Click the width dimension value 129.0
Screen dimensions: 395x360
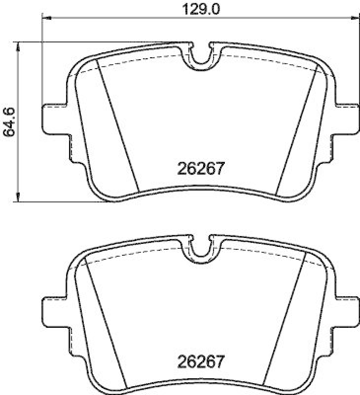pyautogui.click(x=201, y=9)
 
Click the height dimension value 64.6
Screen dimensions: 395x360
pyautogui.click(x=8, y=121)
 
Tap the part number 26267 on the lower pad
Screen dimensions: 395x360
pyautogui.click(x=201, y=361)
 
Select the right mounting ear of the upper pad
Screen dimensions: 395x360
pyautogui.click(x=347, y=118)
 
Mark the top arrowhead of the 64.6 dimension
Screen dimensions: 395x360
pyautogui.click(x=19, y=45)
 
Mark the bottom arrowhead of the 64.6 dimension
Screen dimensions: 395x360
pyautogui.click(x=19, y=198)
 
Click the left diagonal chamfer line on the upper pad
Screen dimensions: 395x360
pyautogui.click(x=118, y=126)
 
